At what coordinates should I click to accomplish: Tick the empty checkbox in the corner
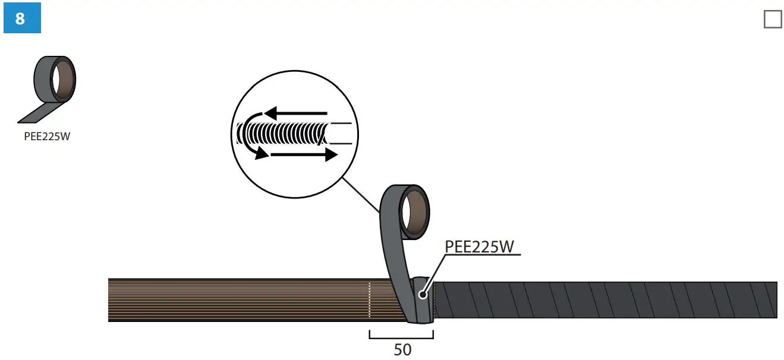(772, 19)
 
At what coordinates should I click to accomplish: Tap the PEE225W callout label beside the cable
(479, 246)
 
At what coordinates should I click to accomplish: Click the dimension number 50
(402, 350)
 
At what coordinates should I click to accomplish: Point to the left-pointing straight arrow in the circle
(296, 112)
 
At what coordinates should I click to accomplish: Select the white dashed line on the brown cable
(369, 300)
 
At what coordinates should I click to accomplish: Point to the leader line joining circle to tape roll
(360, 194)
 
